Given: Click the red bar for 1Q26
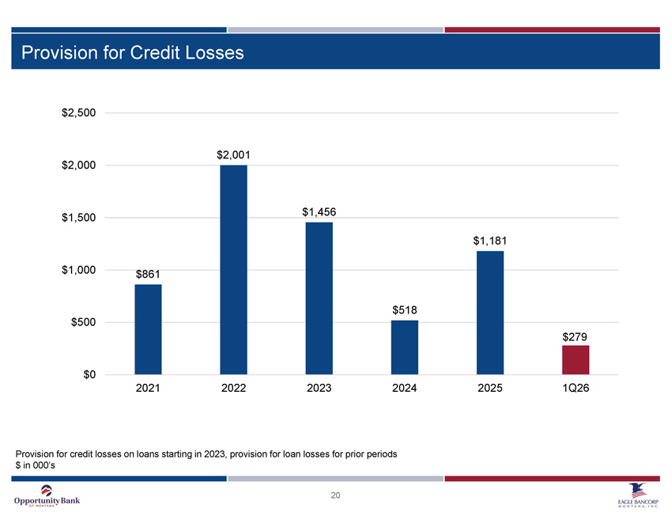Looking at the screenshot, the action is click(x=576, y=360).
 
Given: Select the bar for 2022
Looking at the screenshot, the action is click(x=233, y=270).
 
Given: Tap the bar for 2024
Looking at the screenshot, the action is click(x=405, y=347).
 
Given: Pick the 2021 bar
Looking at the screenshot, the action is click(x=149, y=329).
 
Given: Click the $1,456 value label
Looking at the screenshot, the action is click(x=319, y=212).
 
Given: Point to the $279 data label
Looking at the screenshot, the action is click(x=575, y=337).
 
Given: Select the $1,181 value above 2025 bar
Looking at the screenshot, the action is click(x=490, y=241).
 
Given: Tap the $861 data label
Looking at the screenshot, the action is click(x=148, y=274).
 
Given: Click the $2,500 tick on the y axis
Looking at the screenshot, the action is click(x=79, y=113).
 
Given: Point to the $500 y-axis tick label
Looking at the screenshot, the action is click(x=84, y=322).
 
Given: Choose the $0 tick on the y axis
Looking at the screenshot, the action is click(x=89, y=374).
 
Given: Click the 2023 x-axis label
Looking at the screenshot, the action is click(x=319, y=389).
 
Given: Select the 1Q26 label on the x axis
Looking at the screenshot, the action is click(x=576, y=389).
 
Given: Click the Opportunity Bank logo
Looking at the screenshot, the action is click(x=47, y=496).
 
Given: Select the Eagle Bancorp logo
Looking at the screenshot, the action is click(x=638, y=495).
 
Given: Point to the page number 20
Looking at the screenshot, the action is click(x=335, y=495).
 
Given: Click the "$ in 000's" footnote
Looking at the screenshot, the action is click(x=35, y=465).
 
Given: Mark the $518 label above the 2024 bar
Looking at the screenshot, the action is click(x=405, y=310).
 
